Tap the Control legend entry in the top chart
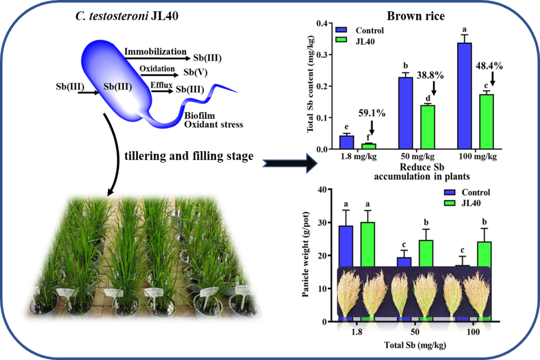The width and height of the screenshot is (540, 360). (x=369, y=31)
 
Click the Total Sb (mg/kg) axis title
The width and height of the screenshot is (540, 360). (x=415, y=346)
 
